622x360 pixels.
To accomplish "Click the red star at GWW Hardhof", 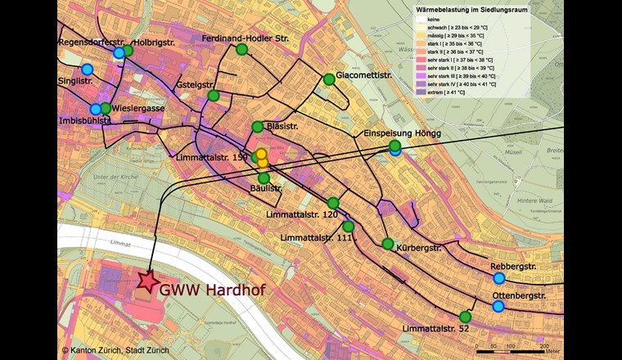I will coord(148,282).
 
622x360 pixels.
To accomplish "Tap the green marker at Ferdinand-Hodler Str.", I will coord(241,50).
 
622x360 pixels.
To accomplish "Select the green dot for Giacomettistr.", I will coord(329,79).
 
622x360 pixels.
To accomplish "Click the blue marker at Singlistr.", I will coord(87,70).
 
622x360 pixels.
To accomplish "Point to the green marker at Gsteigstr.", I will coord(214,96).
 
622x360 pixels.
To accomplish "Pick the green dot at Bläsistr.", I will coord(258,127).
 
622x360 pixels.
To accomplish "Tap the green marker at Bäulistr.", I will coord(264,178).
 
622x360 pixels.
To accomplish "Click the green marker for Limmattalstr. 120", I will coord(333,203).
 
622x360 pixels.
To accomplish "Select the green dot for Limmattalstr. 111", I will coord(348,227).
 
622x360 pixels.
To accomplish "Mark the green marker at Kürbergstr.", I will coord(388,244).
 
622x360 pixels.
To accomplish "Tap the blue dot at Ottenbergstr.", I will coord(498,307).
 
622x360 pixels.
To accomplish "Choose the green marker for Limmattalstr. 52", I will coord(465,317).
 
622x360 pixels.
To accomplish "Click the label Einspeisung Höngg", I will coord(400,133).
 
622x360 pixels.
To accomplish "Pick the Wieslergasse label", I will coord(140,108).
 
